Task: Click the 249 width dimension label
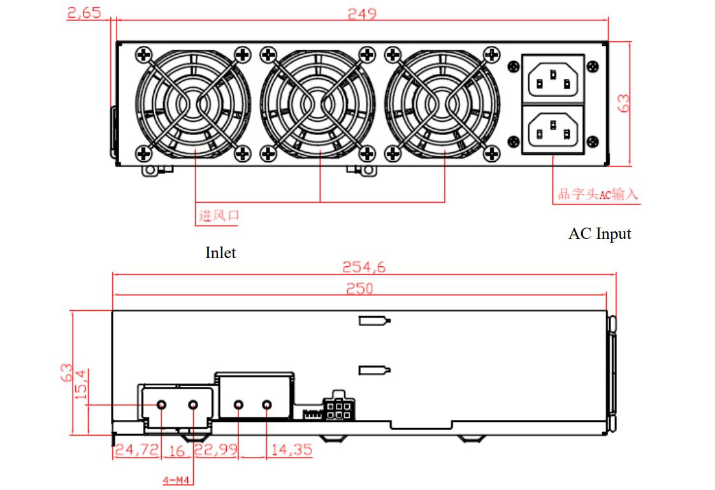361,13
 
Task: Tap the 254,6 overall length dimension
364,267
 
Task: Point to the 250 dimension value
359,289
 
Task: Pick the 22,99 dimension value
216,450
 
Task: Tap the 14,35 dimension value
291,450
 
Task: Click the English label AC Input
599,234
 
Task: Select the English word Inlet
220,253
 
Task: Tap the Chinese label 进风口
219,216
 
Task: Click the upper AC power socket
553,78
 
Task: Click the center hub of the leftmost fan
194,104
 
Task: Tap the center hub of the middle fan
319,104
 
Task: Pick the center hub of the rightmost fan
444,104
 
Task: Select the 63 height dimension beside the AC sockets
623,103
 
